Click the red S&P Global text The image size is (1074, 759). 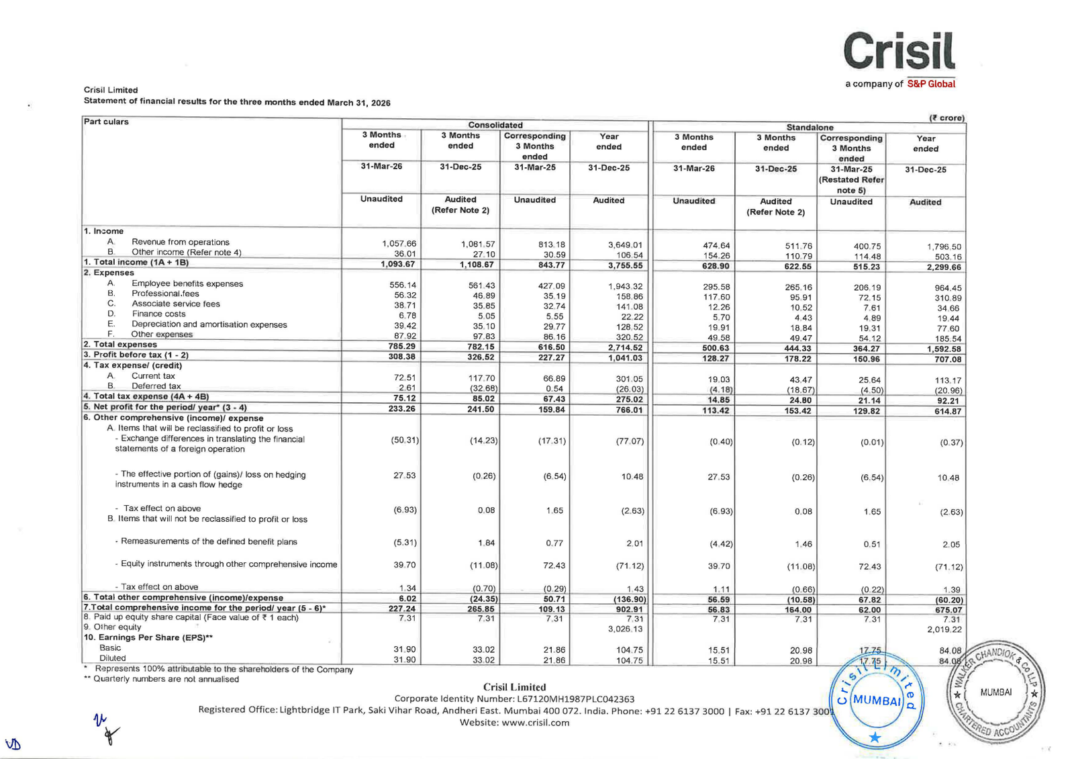(x=931, y=84)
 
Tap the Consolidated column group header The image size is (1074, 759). (x=495, y=125)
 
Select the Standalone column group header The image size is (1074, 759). (x=810, y=127)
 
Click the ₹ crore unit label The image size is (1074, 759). (x=946, y=118)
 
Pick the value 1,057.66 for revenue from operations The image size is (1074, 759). (x=399, y=243)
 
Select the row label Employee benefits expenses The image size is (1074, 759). (x=187, y=283)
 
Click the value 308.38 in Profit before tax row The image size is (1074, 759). (x=401, y=356)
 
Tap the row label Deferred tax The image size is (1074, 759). (x=156, y=386)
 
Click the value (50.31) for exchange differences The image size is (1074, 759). (x=405, y=440)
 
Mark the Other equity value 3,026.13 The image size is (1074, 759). (x=625, y=629)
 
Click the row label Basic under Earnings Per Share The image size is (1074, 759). (x=110, y=648)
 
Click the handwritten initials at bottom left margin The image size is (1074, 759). (x=105, y=727)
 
